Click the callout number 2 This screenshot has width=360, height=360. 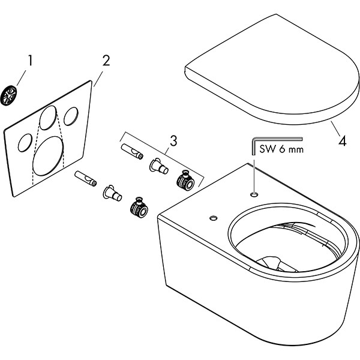coord(106,60)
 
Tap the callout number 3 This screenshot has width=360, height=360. coord(173,141)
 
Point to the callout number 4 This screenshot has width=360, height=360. coord(341,142)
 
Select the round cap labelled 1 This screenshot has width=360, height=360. coord(10,94)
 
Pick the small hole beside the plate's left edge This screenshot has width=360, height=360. coord(25,143)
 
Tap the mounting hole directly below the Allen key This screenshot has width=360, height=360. coord(254,194)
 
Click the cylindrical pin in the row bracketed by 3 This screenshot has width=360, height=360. coord(131,151)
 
